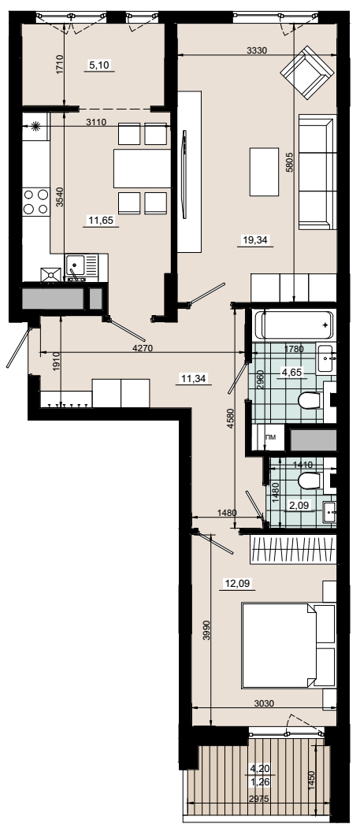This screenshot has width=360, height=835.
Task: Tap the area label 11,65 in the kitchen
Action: coord(101,221)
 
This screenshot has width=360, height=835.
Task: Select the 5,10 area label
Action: coord(98,65)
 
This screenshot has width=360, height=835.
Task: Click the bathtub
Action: coord(294,325)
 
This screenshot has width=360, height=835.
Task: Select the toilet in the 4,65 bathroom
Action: coord(310,400)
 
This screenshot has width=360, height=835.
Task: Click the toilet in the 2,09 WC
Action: coord(311,481)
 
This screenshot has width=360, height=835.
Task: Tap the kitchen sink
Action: coord(81,265)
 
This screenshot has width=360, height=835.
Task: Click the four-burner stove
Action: coord(35,202)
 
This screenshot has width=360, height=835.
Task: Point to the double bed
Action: coord(288,645)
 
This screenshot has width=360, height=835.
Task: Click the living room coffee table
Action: coord(265,172)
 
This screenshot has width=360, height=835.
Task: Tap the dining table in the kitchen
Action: coord(142,169)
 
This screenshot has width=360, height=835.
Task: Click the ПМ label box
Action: coord(272,438)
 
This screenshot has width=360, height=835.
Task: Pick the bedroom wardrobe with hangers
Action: coord(293,549)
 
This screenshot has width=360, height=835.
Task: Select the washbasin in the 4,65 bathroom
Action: coord(325,358)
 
